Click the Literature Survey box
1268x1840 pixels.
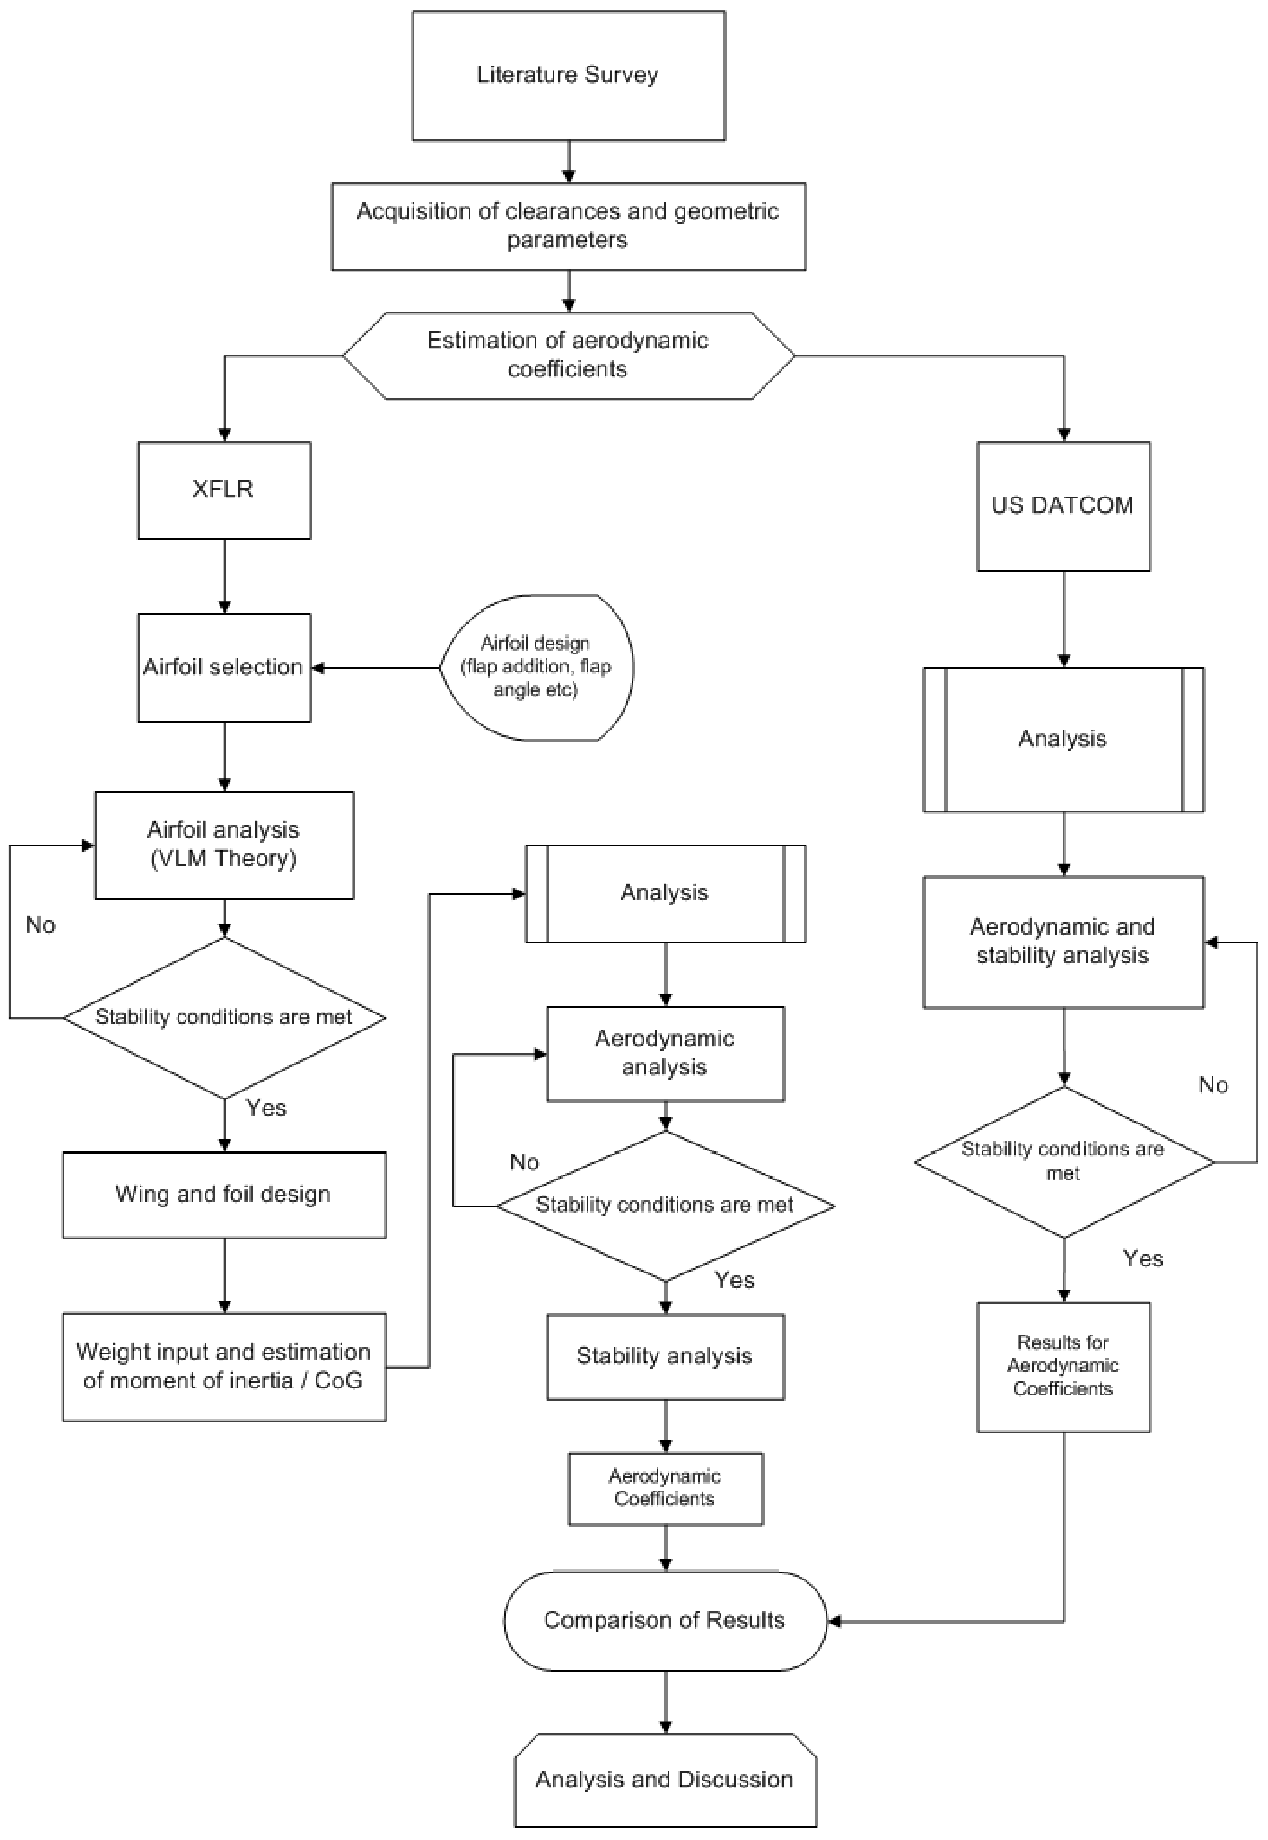568,75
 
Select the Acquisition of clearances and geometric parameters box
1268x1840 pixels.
568,226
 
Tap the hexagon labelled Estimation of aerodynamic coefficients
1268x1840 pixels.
568,355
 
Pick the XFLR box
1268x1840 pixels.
224,490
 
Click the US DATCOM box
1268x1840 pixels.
1063,506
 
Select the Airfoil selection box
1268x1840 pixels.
224,667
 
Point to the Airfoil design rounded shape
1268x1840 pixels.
536,667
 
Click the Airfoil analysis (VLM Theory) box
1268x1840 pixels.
224,845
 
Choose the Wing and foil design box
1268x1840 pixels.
224,1195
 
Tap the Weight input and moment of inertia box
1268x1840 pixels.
224,1366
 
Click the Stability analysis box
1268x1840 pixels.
665,1356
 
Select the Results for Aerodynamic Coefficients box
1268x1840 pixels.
1063,1366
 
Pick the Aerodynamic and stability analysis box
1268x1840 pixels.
1063,942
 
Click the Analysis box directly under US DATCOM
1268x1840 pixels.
1063,739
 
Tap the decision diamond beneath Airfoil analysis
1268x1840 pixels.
224,1017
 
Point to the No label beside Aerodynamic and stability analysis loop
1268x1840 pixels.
1213,1085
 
